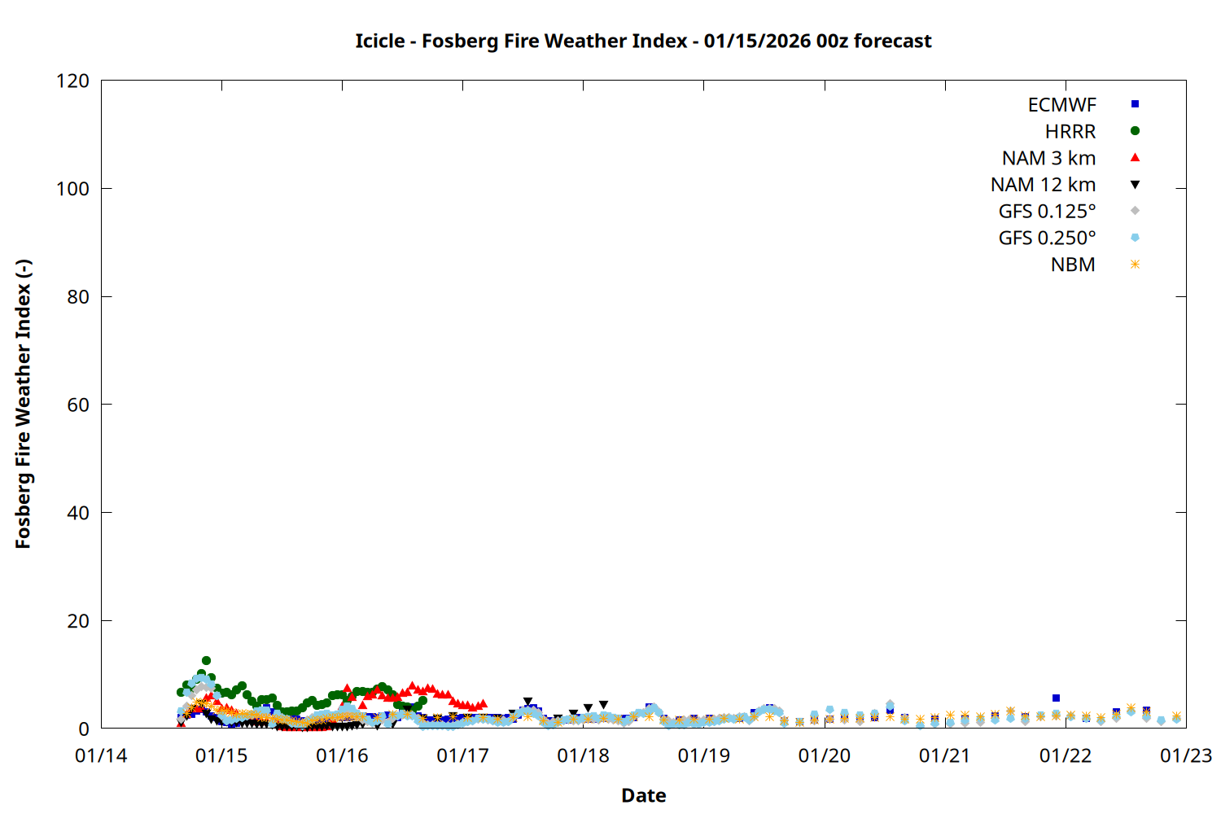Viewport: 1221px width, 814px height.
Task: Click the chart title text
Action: point(643,41)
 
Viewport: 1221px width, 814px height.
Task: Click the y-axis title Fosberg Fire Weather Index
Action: point(23,404)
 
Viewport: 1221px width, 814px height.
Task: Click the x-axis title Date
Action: point(643,795)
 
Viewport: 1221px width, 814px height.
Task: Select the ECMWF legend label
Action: point(1061,105)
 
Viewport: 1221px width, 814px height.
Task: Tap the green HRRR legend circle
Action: point(1135,131)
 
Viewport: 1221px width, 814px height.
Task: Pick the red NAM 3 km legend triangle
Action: point(1135,157)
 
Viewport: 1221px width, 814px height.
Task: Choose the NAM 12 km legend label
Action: point(1043,185)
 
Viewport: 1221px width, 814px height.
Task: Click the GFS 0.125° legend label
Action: point(1047,212)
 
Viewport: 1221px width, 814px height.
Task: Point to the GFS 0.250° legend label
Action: point(1047,239)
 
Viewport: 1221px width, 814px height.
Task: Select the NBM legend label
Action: point(1073,265)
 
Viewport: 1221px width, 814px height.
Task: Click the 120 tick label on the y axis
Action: point(72,81)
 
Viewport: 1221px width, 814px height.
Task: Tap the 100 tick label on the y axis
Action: point(72,189)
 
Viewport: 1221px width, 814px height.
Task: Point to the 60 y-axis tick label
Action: point(78,405)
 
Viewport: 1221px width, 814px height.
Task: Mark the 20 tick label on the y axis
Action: point(78,621)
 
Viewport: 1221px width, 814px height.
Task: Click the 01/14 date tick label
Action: point(101,756)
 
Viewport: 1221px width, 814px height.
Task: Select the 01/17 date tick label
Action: point(462,756)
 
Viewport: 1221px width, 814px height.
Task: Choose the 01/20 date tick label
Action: point(824,756)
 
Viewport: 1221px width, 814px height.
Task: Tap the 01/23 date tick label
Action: point(1185,756)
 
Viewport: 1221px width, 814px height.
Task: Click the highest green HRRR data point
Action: point(206,661)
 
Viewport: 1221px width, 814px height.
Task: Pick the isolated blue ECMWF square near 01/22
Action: point(1056,698)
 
